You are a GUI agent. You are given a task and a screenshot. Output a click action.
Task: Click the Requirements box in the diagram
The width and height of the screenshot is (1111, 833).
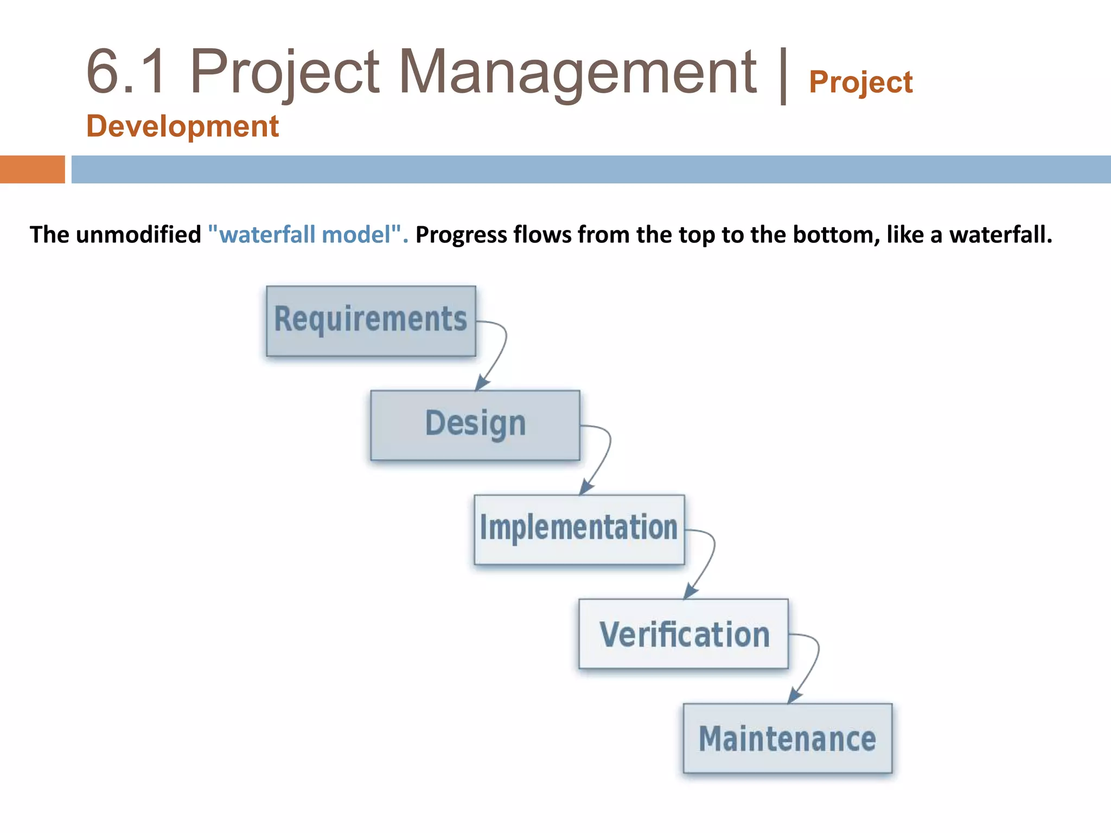tap(371, 321)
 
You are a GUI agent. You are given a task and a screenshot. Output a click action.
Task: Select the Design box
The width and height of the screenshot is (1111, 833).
tap(475, 425)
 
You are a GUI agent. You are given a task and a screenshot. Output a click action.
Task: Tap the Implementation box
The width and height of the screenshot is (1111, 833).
tap(579, 529)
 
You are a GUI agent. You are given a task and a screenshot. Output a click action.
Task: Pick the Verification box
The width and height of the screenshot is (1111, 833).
tap(684, 633)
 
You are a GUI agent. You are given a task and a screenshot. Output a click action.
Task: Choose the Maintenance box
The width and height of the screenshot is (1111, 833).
tap(787, 738)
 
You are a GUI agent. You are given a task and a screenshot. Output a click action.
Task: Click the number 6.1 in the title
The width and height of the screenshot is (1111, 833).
tap(126, 72)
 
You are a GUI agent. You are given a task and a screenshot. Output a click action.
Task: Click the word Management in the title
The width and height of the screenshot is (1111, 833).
tap(577, 72)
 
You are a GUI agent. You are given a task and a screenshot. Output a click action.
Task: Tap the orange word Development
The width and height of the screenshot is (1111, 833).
tap(182, 126)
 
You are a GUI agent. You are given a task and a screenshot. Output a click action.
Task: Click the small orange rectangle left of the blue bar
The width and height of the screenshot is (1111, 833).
tap(32, 169)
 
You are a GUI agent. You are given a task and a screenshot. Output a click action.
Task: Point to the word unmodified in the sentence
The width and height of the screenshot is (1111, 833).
tap(138, 235)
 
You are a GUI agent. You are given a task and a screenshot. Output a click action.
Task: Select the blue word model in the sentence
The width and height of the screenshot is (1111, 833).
tap(356, 235)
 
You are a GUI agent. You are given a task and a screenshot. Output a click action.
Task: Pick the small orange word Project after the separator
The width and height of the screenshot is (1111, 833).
tap(860, 82)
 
